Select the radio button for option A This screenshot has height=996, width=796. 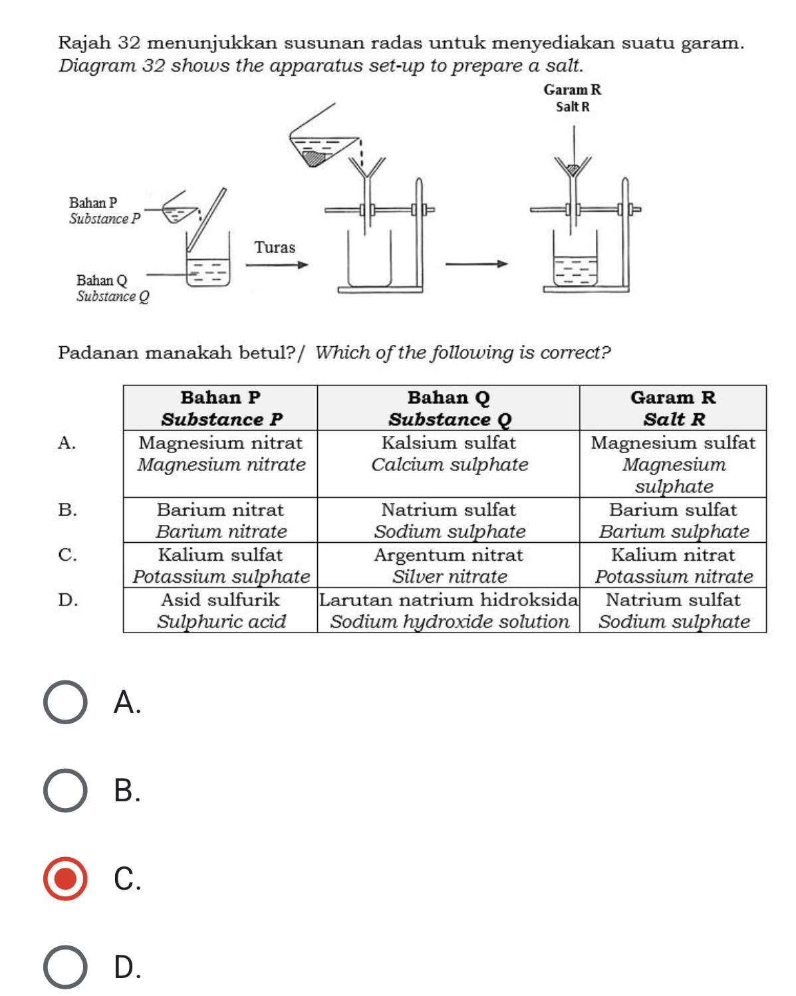65,702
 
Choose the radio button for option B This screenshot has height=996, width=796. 65,790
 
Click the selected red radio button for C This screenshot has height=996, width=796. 65,878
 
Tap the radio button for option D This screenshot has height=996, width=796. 65,967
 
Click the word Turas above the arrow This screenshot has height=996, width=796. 275,248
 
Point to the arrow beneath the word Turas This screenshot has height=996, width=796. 277,265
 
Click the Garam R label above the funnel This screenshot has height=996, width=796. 572,90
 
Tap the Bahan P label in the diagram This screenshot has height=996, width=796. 93,203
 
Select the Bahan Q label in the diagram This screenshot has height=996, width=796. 101,280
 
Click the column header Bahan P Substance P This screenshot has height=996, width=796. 220,408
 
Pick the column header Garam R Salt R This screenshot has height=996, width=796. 672,408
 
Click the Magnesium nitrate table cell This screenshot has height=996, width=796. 220,454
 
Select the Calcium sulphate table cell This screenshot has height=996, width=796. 448,454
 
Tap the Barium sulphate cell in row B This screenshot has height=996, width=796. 672,520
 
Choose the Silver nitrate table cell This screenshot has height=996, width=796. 448,565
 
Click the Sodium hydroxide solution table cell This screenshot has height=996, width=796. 448,611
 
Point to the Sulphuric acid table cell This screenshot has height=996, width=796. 220,611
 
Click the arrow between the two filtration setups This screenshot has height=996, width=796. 476,265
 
